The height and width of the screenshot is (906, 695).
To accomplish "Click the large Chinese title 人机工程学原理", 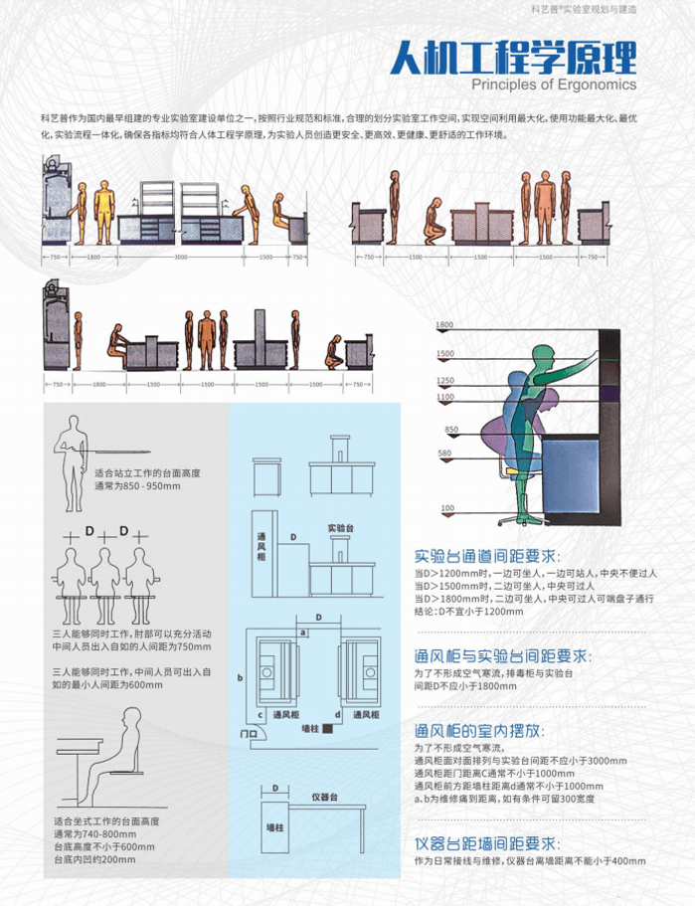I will coord(513,57).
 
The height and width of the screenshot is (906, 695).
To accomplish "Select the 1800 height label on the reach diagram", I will coord(443,325).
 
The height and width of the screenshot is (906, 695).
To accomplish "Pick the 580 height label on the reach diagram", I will coord(443,453).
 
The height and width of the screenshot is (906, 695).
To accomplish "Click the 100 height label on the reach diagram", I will coord(446,509).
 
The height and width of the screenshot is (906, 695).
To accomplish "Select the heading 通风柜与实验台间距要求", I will coord(502,657).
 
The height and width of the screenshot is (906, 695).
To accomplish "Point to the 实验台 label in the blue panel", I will coord(341,526).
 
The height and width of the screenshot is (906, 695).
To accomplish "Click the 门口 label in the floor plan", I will coord(250,733).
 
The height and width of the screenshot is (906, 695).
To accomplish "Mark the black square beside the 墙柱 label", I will coord(341,728).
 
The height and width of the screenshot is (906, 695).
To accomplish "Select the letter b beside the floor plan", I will coord(241,678).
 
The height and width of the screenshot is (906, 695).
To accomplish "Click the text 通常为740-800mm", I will coord(96,833).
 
